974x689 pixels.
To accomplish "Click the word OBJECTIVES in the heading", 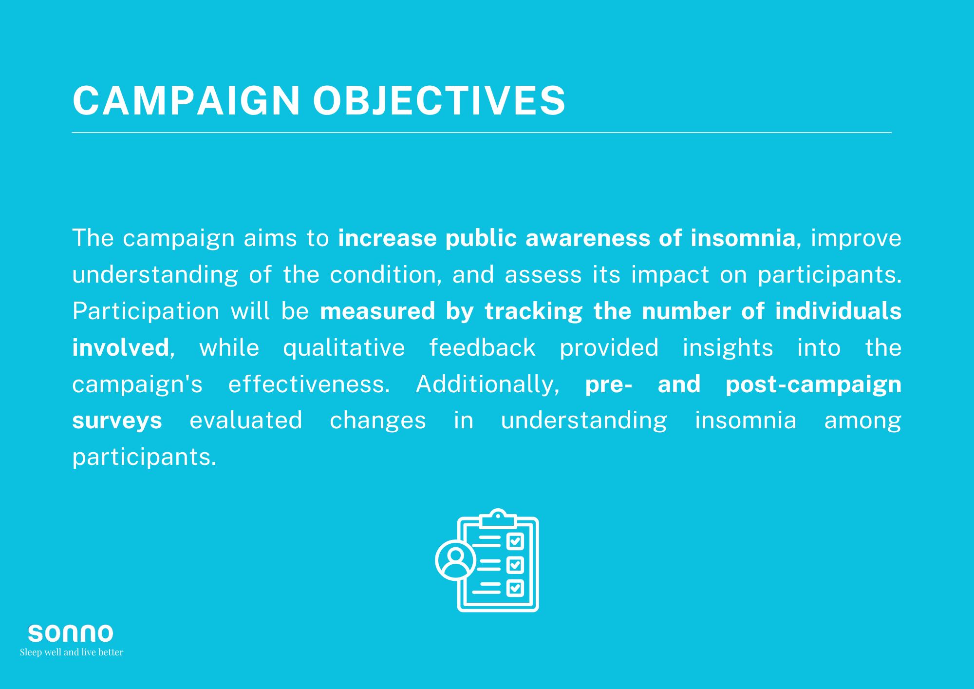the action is (439, 100).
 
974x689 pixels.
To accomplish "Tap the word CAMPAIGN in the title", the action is (186, 100).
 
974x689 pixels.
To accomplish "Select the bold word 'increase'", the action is (388, 238).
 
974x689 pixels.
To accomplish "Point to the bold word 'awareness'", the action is (588, 238).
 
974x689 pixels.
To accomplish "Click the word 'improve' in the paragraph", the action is (856, 238).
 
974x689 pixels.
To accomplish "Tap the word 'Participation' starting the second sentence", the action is (146, 311).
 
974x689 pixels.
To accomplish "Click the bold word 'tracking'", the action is (534, 311).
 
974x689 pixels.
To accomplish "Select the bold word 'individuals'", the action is (838, 311).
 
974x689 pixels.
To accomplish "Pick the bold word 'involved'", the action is (121, 347).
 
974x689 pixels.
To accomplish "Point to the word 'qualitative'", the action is (344, 348).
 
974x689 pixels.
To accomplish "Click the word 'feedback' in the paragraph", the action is (482, 347).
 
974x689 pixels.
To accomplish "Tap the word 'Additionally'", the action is (487, 384).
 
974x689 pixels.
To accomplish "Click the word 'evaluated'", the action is (246, 420).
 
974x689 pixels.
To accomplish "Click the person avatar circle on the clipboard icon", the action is (455, 560).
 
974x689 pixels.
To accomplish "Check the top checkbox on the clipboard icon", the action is (515, 541).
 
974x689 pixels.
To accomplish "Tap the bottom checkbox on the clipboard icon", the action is (515, 588).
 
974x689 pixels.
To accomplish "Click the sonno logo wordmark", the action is (71, 633).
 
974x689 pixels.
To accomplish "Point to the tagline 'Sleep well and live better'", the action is (72, 652).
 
